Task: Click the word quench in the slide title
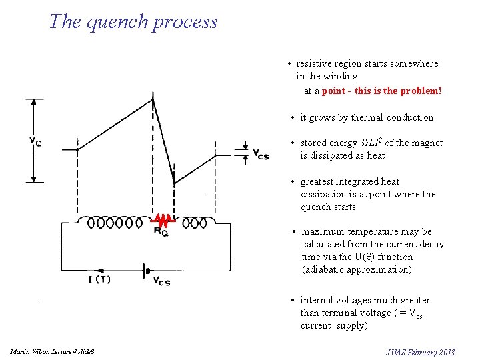120,22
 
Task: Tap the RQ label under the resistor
161,231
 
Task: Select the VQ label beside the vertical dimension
35,141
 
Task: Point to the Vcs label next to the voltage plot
261,155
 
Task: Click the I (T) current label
99,279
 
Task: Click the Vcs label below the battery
161,281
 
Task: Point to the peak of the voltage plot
153,99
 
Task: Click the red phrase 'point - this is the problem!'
381,90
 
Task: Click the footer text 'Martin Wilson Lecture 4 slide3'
53,351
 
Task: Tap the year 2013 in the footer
444,352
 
